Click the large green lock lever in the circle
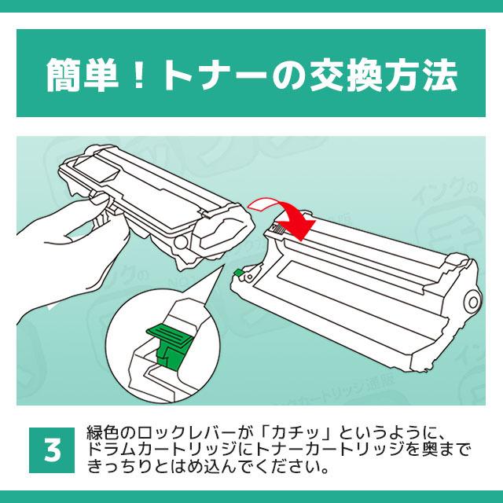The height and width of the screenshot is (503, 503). click(x=171, y=337)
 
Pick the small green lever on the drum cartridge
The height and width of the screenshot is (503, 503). click(x=237, y=274)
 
